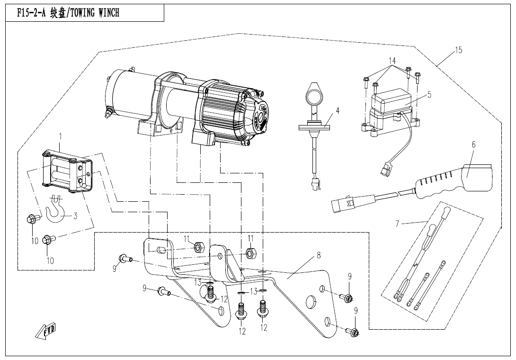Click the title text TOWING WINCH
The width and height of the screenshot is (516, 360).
[96, 13]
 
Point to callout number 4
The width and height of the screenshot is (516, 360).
[338, 111]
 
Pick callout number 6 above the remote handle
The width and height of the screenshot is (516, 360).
[473, 144]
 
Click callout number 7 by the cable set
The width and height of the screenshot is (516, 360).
[397, 223]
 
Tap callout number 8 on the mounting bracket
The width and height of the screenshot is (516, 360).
[319, 256]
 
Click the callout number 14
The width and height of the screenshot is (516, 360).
[391, 61]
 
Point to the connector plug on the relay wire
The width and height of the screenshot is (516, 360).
[385, 169]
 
